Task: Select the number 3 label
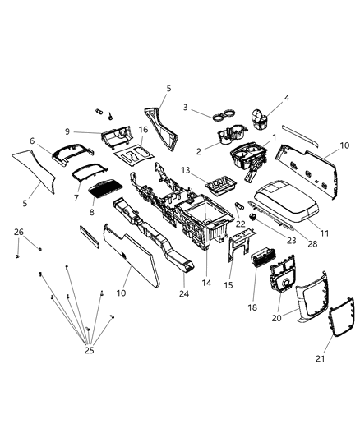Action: pyautogui.click(x=186, y=107)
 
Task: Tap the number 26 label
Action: pyautogui.click(x=19, y=231)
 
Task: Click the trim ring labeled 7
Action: pyautogui.click(x=90, y=172)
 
